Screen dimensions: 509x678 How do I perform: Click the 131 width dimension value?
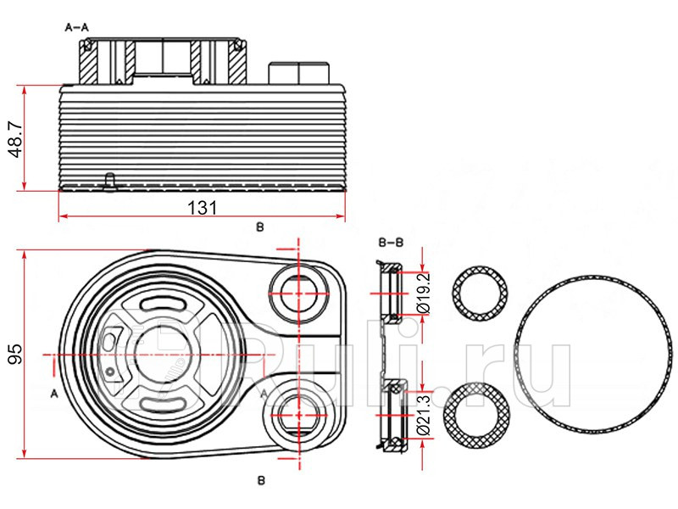coord(202,206)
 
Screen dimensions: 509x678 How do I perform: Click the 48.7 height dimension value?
coord(14,137)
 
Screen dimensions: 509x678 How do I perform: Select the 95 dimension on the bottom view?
coord(14,354)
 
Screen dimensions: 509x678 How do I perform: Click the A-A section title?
coord(78,27)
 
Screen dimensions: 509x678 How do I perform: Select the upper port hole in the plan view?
coord(298,292)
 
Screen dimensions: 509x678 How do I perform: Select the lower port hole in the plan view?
coord(298,413)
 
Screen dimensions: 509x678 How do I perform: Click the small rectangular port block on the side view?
coord(297,73)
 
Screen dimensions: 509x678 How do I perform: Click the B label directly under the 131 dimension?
coord(260,227)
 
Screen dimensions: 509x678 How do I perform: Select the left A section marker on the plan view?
coord(53,393)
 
